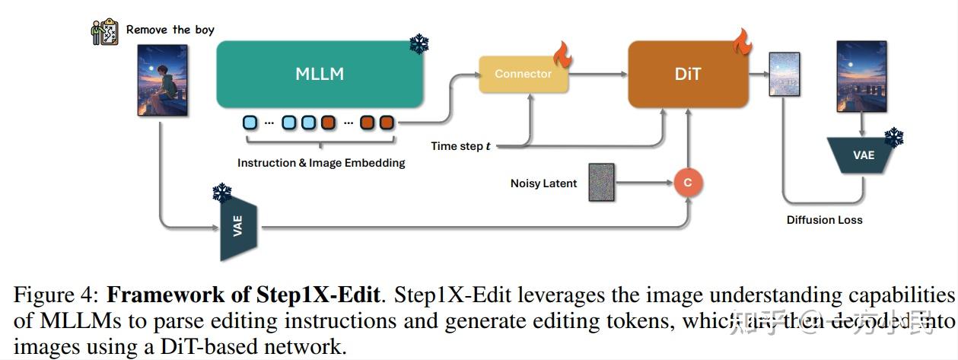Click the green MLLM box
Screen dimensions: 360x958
coord(320,74)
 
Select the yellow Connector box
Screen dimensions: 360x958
coord(523,75)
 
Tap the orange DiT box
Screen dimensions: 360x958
coord(687,75)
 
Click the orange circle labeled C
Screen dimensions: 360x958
coord(688,183)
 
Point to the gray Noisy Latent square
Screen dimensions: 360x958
coord(601,183)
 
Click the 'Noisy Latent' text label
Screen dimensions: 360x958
coord(543,183)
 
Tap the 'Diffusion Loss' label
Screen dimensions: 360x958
coord(824,220)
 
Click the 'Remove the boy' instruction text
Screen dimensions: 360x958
coord(170,30)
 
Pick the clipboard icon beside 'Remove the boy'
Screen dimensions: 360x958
coord(106,31)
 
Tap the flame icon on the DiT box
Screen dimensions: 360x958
coord(742,42)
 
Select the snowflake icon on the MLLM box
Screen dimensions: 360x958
coord(419,44)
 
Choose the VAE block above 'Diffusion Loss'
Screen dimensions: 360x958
coord(863,155)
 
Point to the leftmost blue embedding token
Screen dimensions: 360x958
coord(250,122)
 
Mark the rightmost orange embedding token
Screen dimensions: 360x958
coord(387,122)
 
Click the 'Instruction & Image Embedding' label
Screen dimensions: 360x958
coord(321,163)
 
